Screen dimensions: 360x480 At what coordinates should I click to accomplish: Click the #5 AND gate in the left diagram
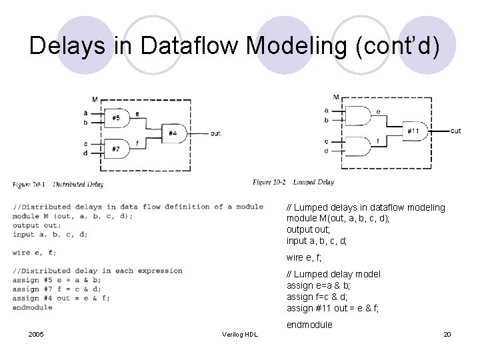(117, 118)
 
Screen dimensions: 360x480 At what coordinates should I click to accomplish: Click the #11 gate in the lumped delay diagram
(413, 131)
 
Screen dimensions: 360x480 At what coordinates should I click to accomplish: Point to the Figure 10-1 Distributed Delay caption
(58, 184)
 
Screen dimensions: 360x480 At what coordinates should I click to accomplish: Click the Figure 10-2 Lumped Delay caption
(293, 181)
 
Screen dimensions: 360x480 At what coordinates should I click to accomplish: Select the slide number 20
(447, 334)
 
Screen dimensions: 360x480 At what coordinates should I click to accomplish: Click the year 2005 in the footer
(36, 334)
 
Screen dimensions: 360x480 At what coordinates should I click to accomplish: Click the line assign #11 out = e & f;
(333, 308)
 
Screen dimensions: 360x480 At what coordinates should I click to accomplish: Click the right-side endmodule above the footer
(309, 325)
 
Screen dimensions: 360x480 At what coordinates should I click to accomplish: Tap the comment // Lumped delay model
(333, 274)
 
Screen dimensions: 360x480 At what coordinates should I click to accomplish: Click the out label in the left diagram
(215, 133)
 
